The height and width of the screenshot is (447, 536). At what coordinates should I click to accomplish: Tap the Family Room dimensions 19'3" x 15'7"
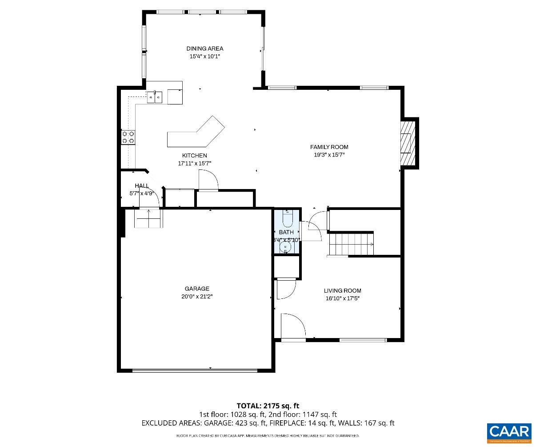(329, 155)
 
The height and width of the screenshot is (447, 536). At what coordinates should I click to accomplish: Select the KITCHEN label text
(194, 156)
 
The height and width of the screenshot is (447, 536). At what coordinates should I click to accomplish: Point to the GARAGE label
(197, 289)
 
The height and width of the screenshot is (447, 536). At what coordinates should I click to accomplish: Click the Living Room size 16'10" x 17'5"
(342, 298)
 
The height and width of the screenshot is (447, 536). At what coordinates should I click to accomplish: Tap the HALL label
(142, 186)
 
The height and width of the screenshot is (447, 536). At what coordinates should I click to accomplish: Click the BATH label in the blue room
(286, 232)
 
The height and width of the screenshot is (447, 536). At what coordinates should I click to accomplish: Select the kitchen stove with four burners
(128, 137)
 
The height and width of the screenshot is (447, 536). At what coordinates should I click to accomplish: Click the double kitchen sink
(155, 97)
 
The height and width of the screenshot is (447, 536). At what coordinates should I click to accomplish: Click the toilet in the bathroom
(286, 217)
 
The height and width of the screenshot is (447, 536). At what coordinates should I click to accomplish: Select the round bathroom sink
(286, 248)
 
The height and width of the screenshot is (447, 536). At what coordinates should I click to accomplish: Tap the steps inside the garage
(148, 218)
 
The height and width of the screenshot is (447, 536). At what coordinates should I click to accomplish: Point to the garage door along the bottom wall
(195, 370)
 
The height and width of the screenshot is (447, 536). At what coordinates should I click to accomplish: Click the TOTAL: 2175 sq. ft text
(268, 406)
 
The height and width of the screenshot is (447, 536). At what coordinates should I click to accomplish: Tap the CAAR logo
(509, 432)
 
